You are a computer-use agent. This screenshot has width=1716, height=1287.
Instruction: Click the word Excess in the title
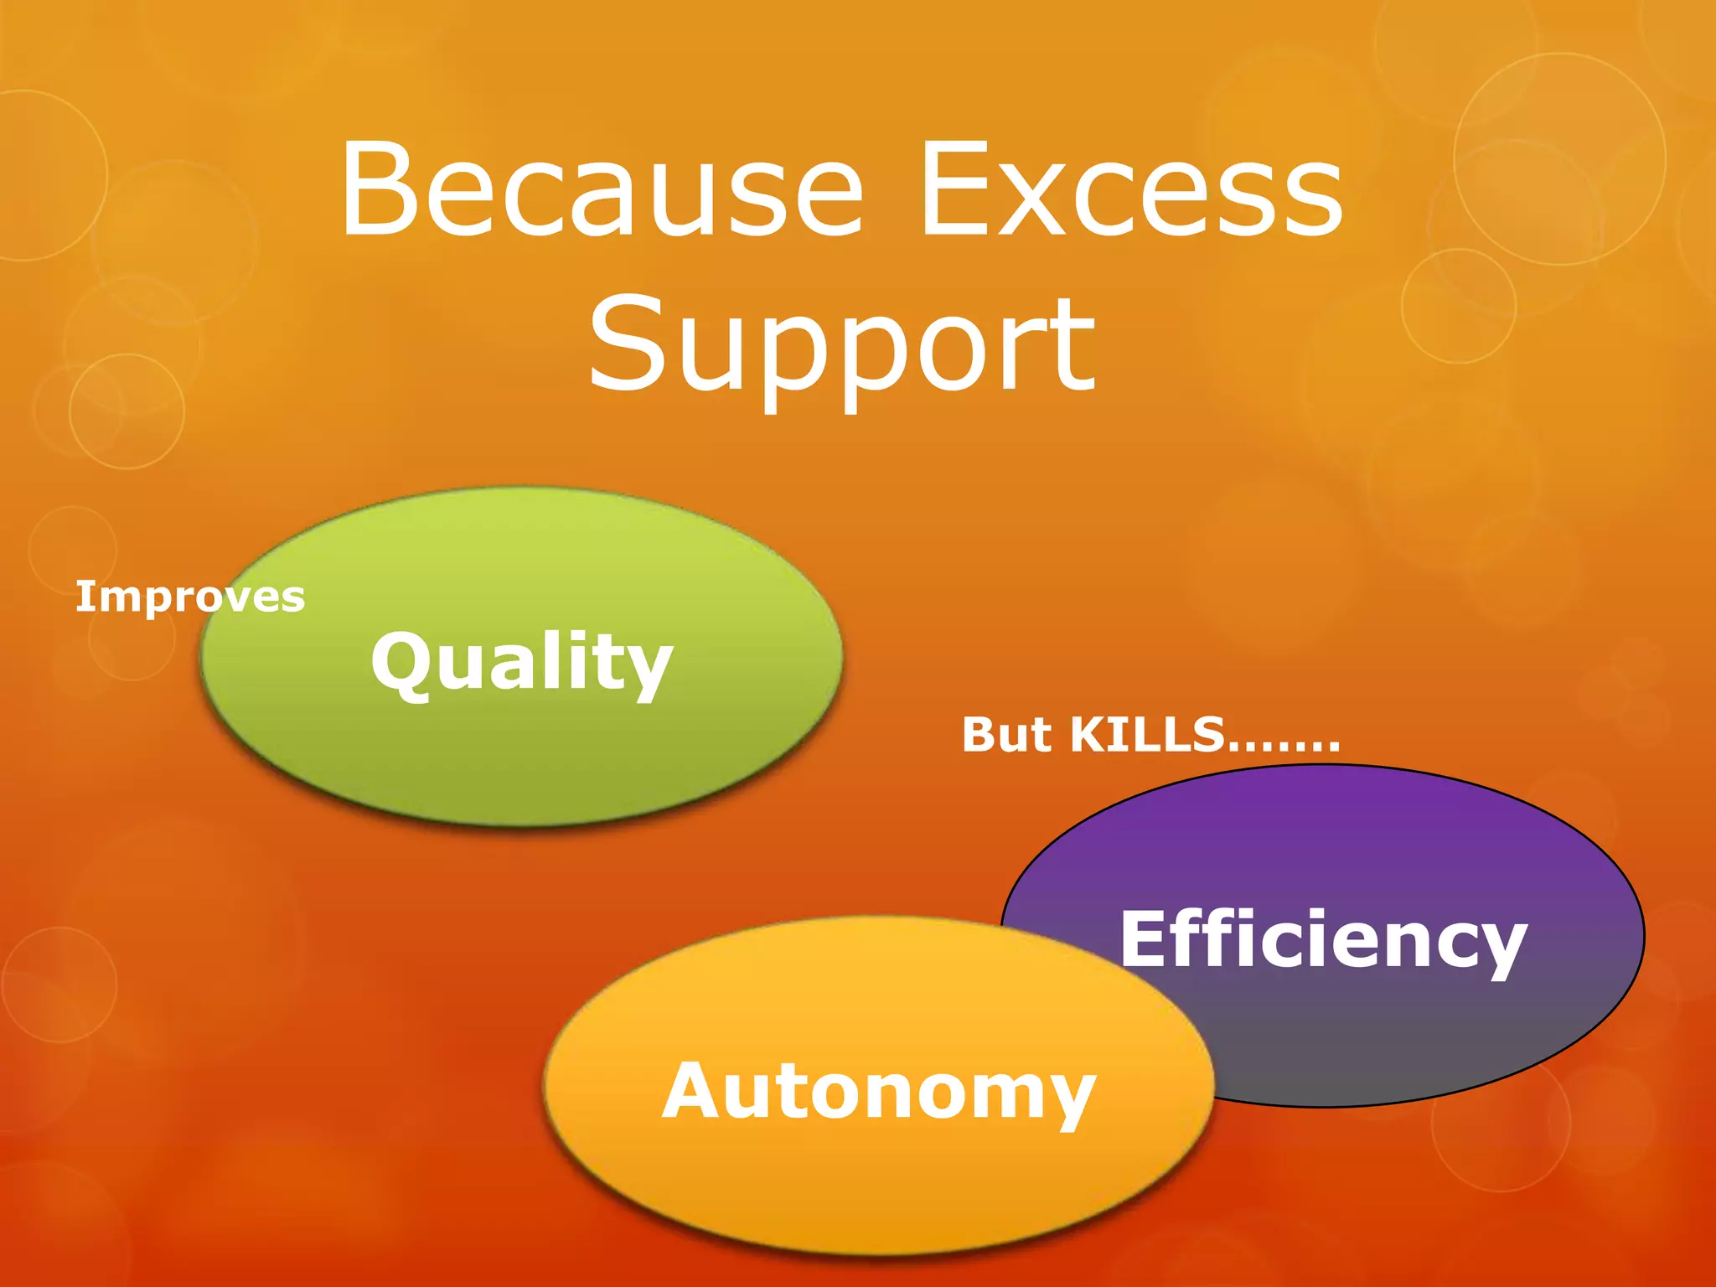(1130, 190)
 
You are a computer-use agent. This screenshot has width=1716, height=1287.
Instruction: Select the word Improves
(190, 597)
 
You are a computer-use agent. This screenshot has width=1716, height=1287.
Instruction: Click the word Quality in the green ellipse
(522, 662)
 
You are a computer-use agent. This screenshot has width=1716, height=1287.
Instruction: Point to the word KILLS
(1148, 735)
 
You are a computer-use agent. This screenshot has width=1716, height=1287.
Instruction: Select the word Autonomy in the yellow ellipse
(879, 1091)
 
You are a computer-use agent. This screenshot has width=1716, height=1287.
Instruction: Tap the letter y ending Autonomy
(1069, 1099)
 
